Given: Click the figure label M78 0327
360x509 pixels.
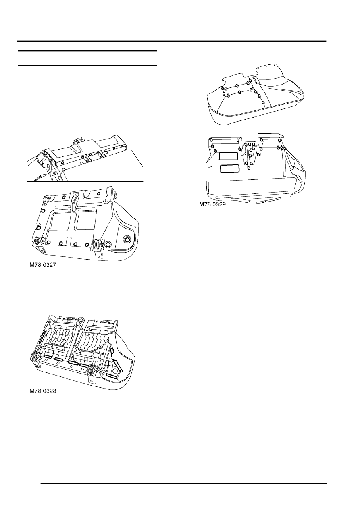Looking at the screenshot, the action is coord(43,265).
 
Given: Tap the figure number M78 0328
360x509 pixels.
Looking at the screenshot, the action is coord(43,391).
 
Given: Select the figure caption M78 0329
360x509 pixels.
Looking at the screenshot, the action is coord(212,204).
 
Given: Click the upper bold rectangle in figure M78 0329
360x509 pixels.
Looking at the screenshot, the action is coord(228,156).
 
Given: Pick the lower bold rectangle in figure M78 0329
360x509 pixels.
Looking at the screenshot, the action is coord(230,169).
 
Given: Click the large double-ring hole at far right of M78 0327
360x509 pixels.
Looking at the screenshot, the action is coord(127,239).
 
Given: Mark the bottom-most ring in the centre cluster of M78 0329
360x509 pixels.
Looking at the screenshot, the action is coord(249,168).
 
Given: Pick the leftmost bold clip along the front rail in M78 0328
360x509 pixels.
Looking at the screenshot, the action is coord(48,357).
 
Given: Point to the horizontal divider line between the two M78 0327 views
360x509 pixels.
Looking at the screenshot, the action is coord(85,182).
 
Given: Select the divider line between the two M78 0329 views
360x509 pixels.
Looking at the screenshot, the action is coord(254,127).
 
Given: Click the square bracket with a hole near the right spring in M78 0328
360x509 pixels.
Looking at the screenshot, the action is coord(102,372).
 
